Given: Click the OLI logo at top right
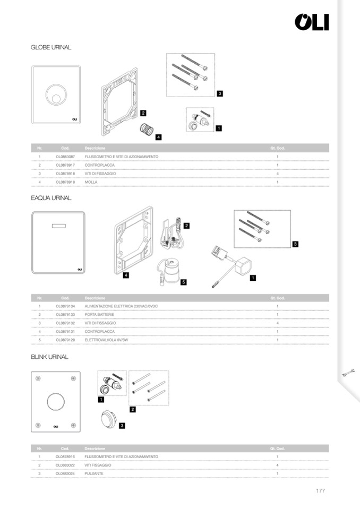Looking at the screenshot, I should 312,22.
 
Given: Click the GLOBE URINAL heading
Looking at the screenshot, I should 51,47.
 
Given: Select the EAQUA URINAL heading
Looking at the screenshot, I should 51,198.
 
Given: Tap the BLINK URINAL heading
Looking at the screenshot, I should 49,357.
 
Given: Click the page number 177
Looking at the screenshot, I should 320,491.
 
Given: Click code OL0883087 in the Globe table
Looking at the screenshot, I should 65,157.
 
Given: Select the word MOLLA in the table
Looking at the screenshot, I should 90,182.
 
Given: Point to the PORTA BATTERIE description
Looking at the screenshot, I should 99,314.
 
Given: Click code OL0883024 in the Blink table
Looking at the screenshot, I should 65,473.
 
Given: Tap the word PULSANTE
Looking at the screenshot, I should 93,473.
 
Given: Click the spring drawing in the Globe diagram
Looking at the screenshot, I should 145,130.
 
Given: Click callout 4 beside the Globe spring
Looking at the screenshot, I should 158,137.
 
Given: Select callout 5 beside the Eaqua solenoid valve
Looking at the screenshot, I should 183,282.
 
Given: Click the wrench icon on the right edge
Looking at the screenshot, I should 349,373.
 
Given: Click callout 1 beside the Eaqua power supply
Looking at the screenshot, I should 253,277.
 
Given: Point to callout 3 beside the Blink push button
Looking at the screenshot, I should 122,425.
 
